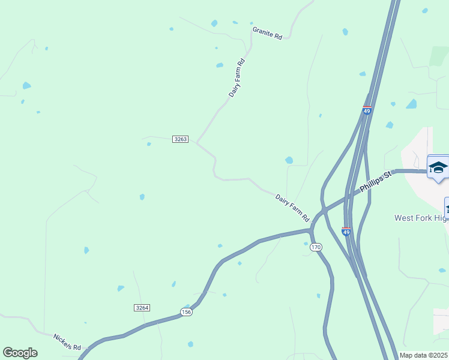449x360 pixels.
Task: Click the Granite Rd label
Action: tap(267, 33)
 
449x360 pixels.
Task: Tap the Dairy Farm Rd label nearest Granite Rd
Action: tap(237, 78)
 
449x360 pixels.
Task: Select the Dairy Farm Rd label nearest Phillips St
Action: tap(292, 206)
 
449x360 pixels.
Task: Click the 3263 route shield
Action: tap(180, 139)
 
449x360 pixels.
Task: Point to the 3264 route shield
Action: tap(142, 307)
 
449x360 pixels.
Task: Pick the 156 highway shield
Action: tap(186, 312)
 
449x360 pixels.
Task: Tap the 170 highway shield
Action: tap(317, 247)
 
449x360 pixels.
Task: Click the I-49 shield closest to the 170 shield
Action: tap(346, 231)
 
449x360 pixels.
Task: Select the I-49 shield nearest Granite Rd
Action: tap(367, 111)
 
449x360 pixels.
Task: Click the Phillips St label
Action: tap(376, 182)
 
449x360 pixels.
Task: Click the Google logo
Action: tap(20, 353)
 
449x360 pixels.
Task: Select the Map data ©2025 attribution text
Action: tap(423, 355)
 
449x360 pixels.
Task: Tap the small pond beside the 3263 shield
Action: tap(149, 144)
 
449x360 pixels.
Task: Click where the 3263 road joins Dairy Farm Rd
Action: tap(197, 142)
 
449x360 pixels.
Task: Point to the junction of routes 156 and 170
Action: tap(311, 230)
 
